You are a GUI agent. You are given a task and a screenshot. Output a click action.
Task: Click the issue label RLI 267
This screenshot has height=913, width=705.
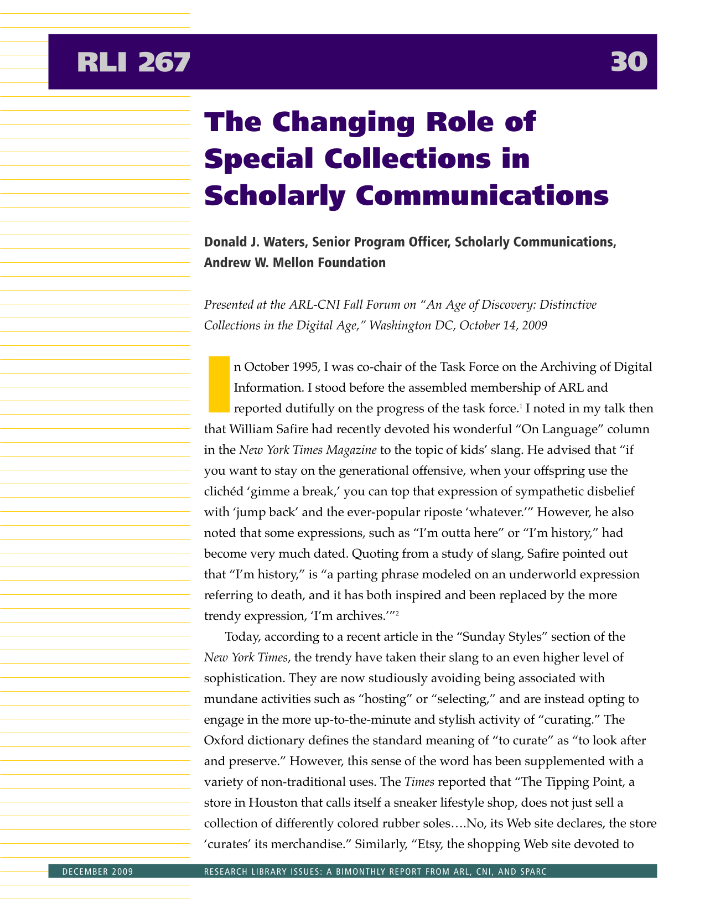133,62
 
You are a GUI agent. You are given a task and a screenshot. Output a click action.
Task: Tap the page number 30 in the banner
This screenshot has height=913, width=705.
629,62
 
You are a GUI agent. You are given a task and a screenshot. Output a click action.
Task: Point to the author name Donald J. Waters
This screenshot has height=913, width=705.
255,242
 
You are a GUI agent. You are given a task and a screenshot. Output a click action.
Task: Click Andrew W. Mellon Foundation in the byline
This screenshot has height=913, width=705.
294,263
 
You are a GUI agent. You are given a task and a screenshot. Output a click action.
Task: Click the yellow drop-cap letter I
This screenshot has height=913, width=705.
219,385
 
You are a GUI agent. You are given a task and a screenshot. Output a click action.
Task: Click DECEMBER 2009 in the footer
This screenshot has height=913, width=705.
98,872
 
